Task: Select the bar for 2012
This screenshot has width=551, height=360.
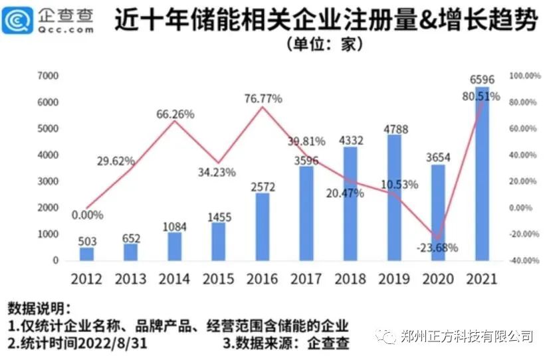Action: point(87,254)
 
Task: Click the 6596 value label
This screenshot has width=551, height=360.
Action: point(481,80)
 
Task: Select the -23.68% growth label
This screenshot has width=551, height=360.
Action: point(438,249)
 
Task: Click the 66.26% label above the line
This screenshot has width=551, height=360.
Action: point(175,114)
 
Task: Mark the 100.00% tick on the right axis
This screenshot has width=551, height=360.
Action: point(524,76)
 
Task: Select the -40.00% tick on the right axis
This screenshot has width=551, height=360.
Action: point(524,261)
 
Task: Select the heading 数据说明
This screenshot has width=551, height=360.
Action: point(38,309)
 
